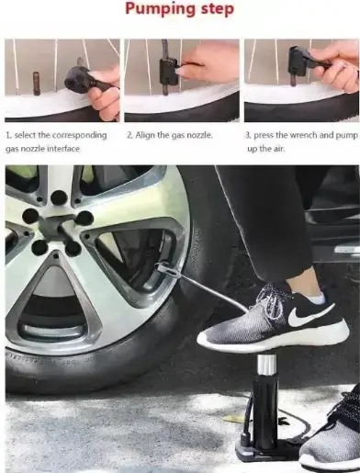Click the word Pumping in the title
click(x=161, y=8)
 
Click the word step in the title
click(x=218, y=8)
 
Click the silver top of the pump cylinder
click(x=266, y=365)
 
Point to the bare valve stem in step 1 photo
click(x=36, y=84)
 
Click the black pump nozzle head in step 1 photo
click(x=76, y=79)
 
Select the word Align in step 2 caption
click(x=145, y=135)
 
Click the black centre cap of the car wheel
click(x=55, y=226)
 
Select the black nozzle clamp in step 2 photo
click(x=169, y=73)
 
